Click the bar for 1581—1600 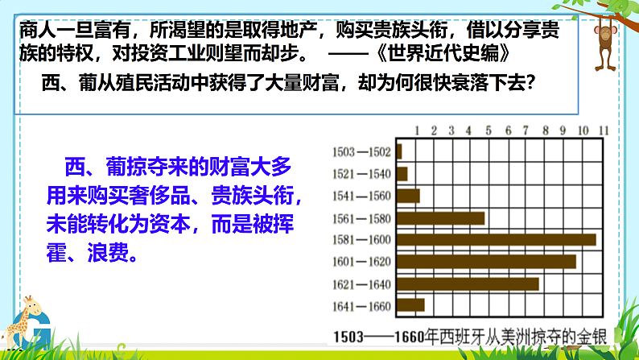(496, 239)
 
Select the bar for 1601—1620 (486, 261)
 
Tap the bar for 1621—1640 (468, 283)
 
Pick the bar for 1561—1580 (440, 217)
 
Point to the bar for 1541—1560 (408, 195)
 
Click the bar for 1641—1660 (410, 304)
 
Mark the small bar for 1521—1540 (402, 173)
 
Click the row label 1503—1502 (361, 151)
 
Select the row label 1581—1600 (361, 239)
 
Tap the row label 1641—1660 (361, 305)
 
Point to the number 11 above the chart (602, 130)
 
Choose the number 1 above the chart (416, 130)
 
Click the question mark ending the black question (530, 83)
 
